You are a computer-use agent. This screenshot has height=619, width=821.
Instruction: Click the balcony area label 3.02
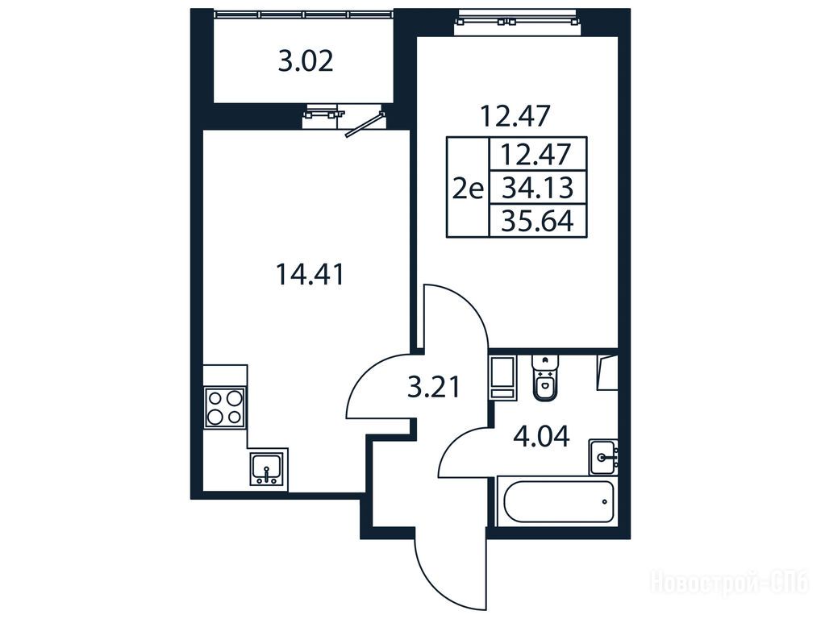click(306, 62)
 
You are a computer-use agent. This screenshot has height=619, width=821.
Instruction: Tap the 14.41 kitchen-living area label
click(310, 274)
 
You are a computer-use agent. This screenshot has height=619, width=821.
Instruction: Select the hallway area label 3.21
click(434, 388)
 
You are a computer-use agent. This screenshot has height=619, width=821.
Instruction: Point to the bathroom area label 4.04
click(541, 436)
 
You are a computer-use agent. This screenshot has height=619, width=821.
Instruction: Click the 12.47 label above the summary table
click(515, 116)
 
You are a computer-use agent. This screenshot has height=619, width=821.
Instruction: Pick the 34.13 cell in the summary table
click(538, 187)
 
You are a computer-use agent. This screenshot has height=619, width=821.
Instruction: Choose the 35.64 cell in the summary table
click(538, 221)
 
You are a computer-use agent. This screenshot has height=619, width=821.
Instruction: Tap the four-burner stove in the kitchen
click(226, 408)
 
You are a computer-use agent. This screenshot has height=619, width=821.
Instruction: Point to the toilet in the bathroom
click(546, 376)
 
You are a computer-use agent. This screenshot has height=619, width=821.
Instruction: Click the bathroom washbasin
click(604, 457)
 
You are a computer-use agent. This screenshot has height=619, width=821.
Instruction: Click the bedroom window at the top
click(517, 22)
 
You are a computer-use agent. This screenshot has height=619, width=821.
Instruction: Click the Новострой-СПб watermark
click(730, 582)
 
